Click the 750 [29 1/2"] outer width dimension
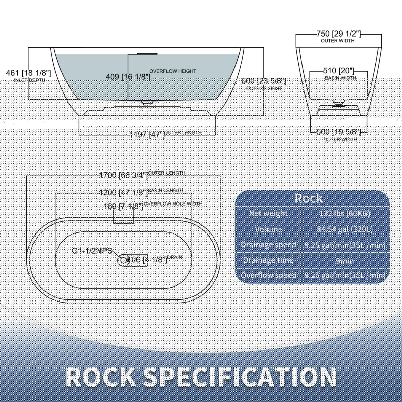338,34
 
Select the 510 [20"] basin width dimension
338,71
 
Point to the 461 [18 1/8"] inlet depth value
28,73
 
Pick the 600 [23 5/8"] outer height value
264,81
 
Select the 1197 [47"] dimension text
147,135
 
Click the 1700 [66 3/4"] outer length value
124,175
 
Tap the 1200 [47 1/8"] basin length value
124,193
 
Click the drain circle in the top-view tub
124,260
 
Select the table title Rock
309,198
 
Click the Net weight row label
268,213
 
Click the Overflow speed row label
269,275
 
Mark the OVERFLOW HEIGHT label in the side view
173,71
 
